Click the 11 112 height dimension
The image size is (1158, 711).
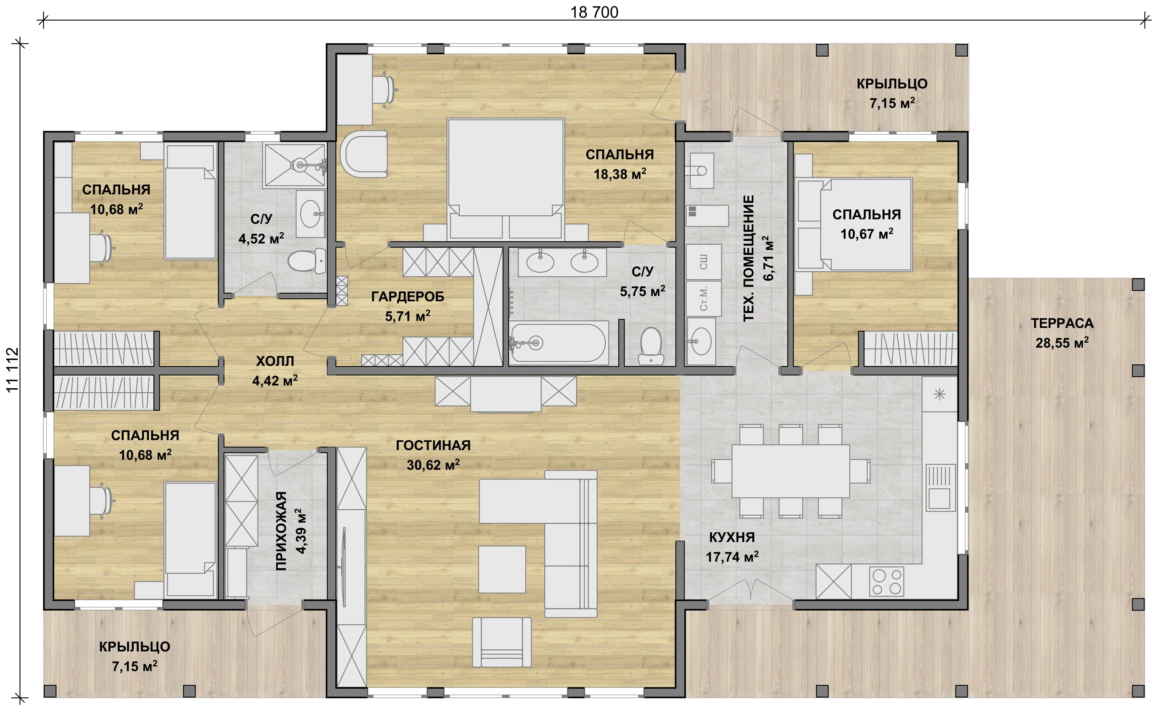13,370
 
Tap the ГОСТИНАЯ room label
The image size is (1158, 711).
433,445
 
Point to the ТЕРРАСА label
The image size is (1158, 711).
1062,323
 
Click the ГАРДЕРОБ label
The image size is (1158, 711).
408,297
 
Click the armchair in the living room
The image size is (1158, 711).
502,642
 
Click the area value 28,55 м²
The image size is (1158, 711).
1062,343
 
